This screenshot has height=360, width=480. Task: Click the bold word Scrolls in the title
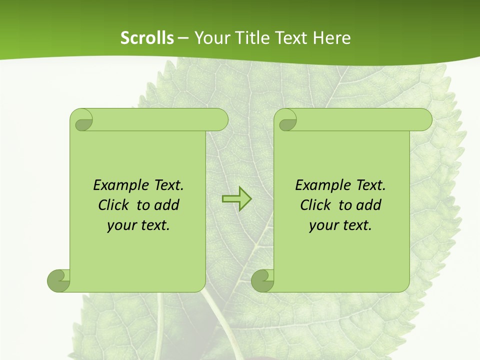pyautogui.click(x=147, y=38)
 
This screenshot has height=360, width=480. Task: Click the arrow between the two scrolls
pyautogui.click(x=236, y=199)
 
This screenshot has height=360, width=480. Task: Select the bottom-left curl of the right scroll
pyautogui.click(x=263, y=280)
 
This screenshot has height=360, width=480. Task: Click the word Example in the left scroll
pyautogui.click(x=118, y=185)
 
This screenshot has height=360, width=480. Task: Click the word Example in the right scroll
pyautogui.click(x=320, y=185)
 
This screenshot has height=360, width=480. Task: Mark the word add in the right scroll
pyautogui.click(x=369, y=205)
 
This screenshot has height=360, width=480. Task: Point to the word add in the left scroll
pyautogui.click(x=167, y=205)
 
